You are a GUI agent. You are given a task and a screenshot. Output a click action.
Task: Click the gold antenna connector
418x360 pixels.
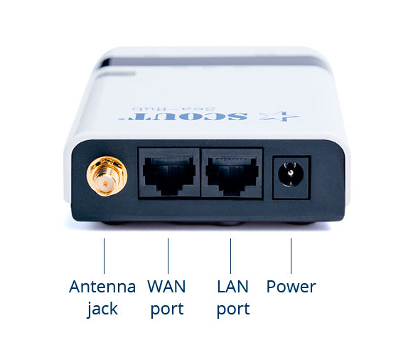[x=107, y=176]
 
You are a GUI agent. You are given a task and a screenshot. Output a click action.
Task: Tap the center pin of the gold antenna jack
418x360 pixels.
[x=105, y=184]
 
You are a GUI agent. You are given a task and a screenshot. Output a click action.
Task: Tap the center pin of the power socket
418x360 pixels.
[x=291, y=173]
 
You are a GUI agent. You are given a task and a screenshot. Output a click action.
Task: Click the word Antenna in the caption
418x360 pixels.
[x=102, y=286]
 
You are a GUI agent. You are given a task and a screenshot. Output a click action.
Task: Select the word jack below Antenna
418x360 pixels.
[x=102, y=309]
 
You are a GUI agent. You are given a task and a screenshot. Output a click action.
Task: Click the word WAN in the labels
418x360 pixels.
[x=166, y=286]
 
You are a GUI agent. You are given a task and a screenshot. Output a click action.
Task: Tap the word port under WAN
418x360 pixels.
[x=167, y=309]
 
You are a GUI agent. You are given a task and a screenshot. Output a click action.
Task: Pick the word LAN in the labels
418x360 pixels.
[x=232, y=286]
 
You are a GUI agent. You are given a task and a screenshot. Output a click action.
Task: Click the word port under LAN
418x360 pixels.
[x=233, y=309]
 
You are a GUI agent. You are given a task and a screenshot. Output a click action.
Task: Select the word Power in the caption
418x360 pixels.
[x=291, y=286]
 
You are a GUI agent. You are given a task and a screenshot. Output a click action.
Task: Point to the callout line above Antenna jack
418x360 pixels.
[x=104, y=255]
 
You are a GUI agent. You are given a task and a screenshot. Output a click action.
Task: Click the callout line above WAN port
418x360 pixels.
[x=168, y=255]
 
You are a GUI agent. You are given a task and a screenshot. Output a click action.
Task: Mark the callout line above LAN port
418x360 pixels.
[x=230, y=255]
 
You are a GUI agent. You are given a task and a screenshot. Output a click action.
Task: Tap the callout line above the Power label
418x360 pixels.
[x=291, y=255]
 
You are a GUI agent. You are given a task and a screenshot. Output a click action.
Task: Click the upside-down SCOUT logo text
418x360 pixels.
[x=183, y=116]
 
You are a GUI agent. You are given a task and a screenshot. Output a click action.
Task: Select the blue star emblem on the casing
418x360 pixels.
[x=279, y=116]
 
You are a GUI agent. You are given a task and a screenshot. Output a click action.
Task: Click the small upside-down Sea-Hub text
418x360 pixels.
[x=174, y=109]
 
